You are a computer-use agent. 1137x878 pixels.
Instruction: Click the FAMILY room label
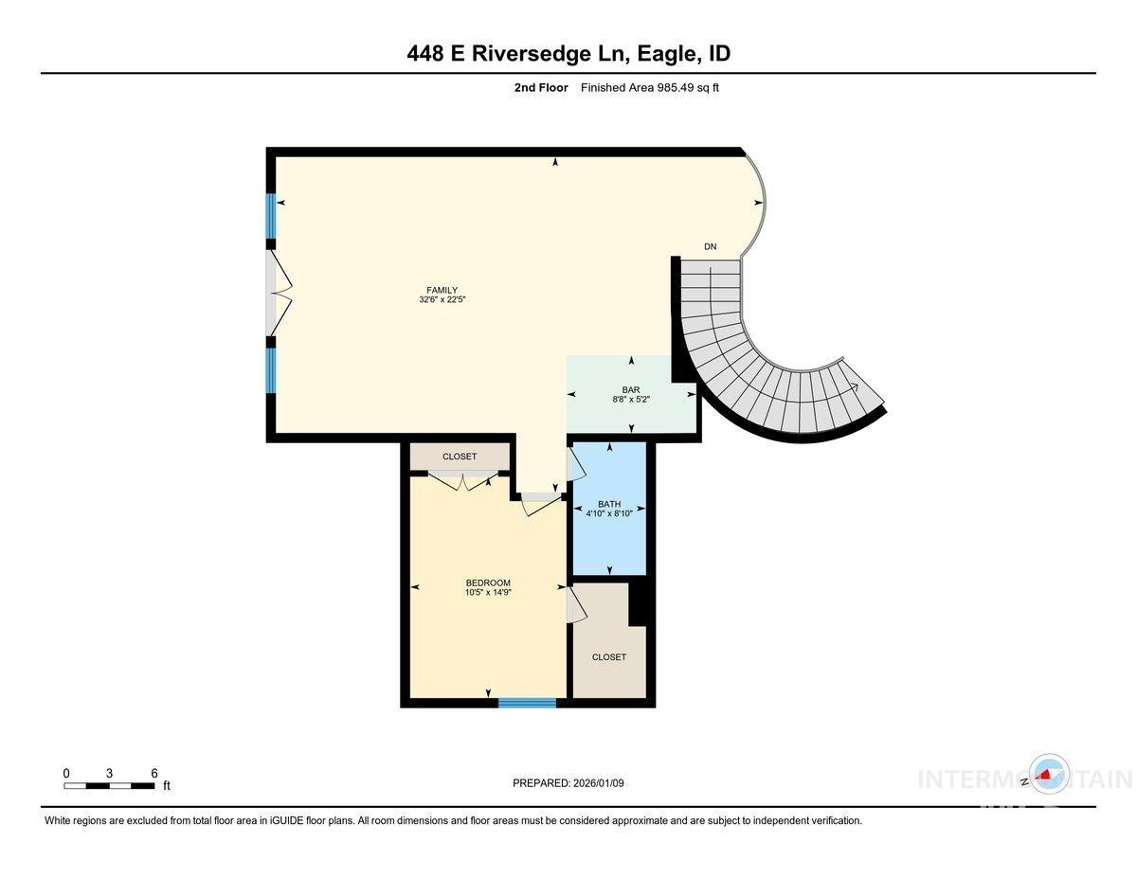[x=442, y=290]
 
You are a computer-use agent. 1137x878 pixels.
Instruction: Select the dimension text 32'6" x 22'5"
[x=442, y=299]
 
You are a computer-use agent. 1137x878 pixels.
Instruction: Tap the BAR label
[x=631, y=389]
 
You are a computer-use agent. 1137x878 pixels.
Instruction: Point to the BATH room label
[x=608, y=504]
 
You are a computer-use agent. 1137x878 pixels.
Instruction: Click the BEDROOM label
[x=488, y=582]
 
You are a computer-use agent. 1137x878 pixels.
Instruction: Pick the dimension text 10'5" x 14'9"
[x=488, y=593]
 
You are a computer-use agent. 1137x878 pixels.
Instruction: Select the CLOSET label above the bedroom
[x=460, y=457]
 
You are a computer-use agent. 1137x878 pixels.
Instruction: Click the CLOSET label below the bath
[x=608, y=656]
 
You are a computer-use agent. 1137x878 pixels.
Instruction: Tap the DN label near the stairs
[x=710, y=247]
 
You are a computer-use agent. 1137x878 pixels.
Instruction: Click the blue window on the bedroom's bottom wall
[x=527, y=702]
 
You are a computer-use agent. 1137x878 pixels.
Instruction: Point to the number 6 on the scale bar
[x=153, y=773]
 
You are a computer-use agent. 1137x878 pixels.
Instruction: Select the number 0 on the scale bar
[x=66, y=773]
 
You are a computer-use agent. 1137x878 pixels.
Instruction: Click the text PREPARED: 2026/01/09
[x=568, y=782]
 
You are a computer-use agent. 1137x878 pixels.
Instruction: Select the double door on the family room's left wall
[x=279, y=293]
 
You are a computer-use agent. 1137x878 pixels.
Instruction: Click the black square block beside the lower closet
[x=641, y=602]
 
